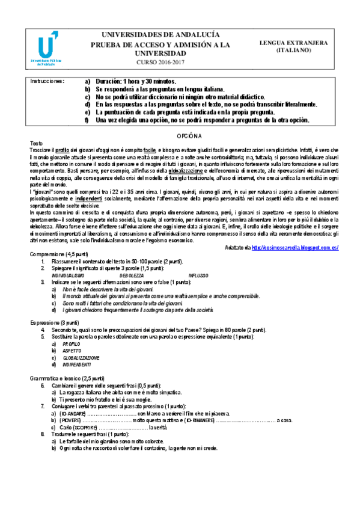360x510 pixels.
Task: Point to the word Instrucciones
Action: [x=47, y=81]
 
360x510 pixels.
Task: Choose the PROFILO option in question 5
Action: [x=72, y=343]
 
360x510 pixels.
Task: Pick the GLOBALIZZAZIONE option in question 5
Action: [x=81, y=357]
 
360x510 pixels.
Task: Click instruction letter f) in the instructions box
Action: [x=88, y=120]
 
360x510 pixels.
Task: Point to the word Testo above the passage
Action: [x=37, y=144]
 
